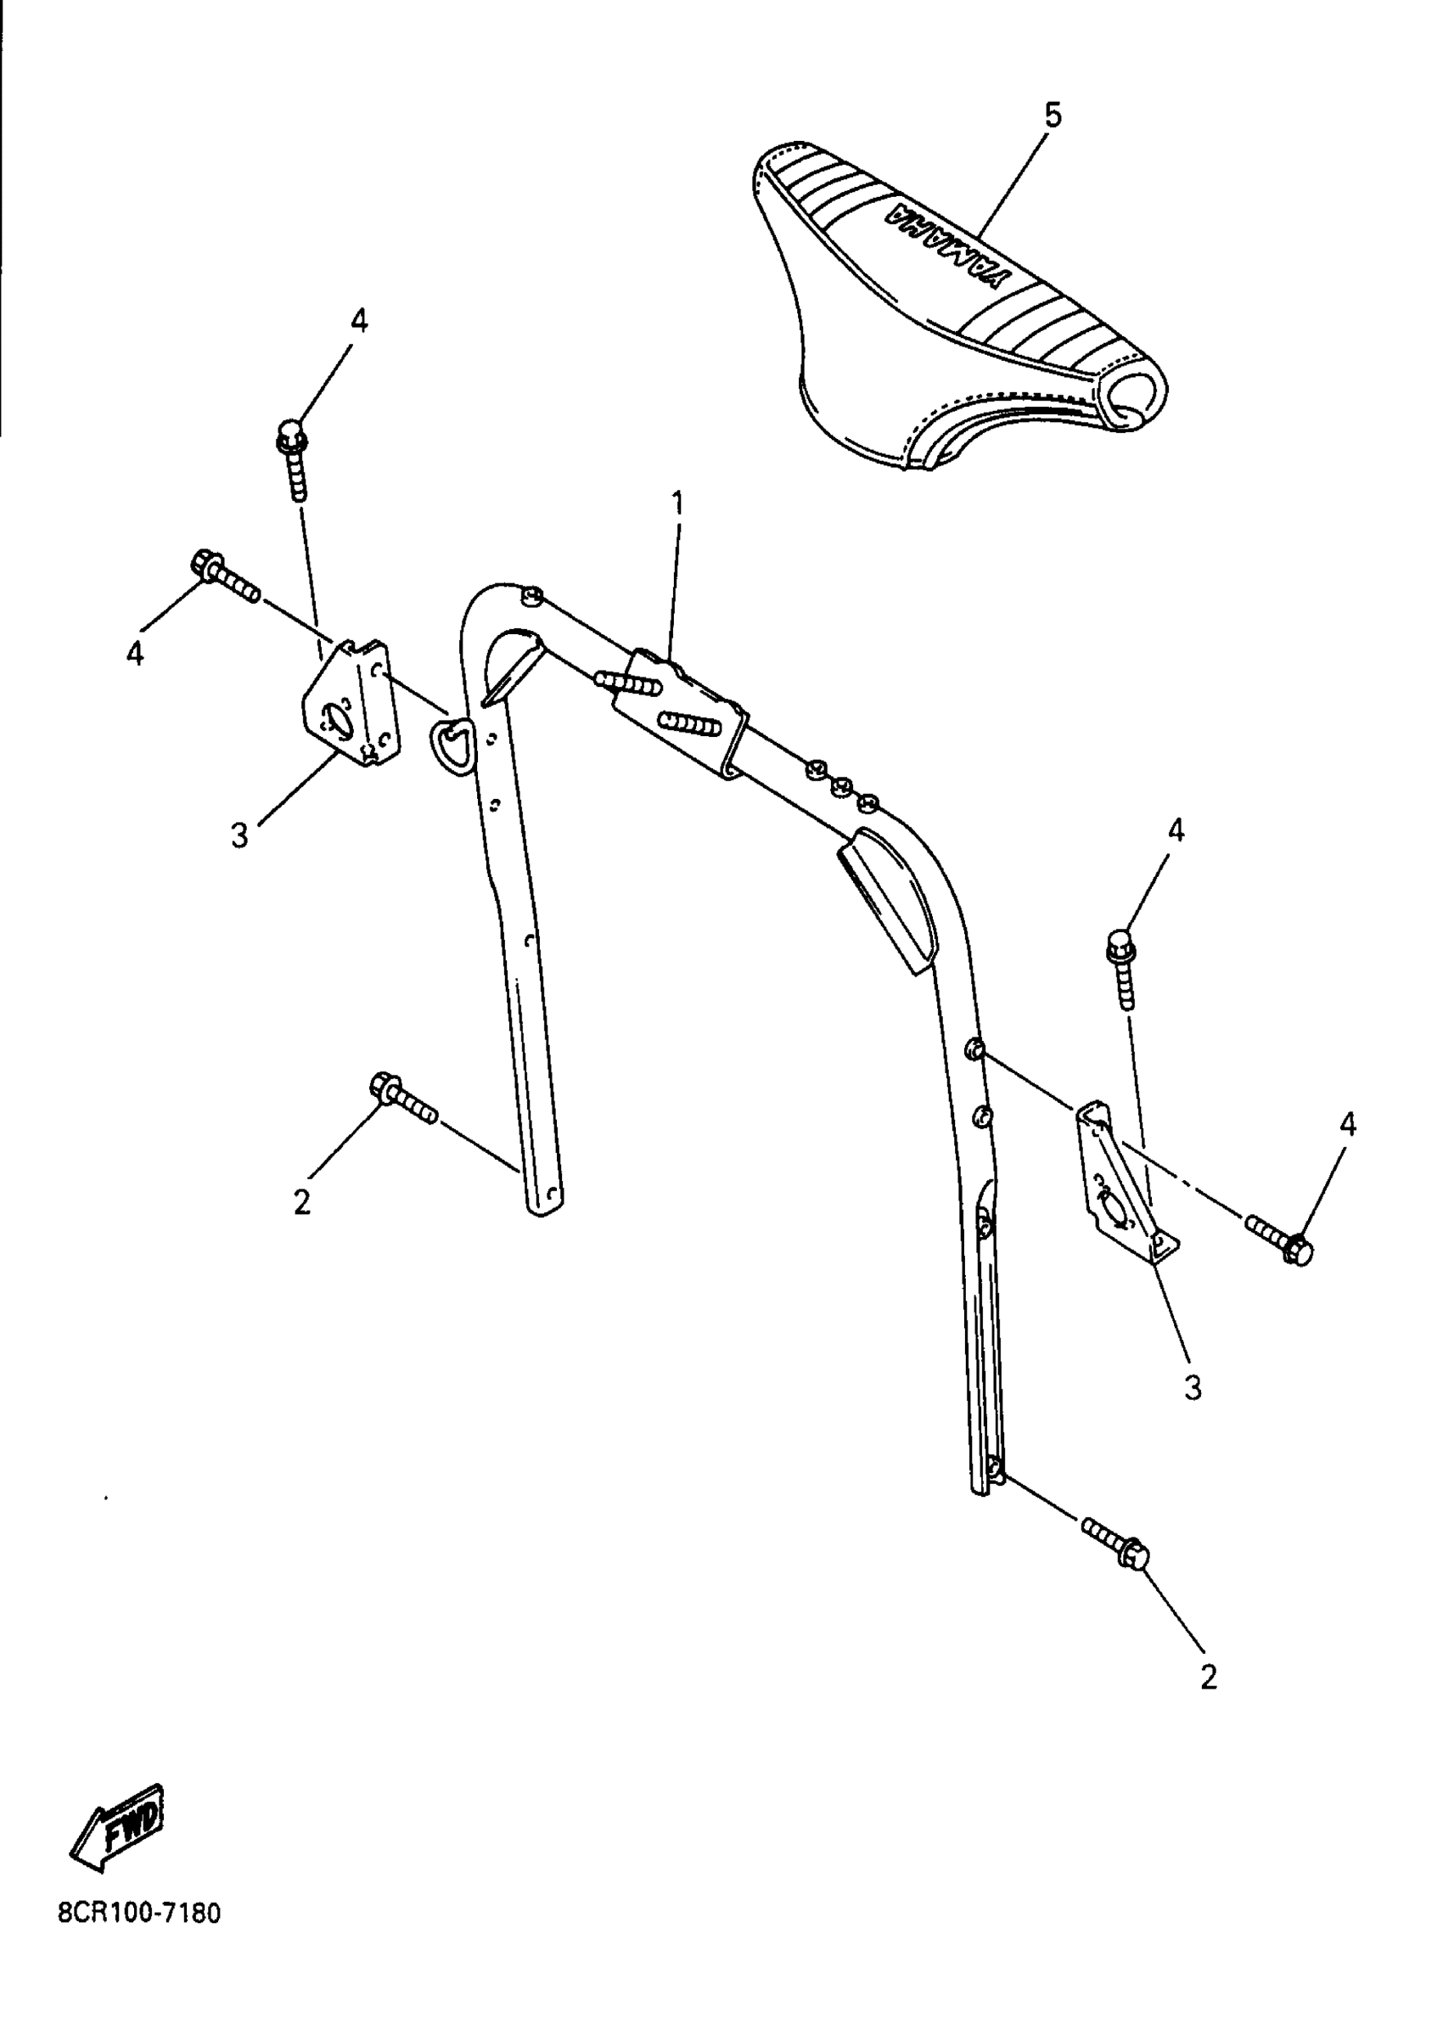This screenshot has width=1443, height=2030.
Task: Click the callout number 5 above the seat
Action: coord(1052,115)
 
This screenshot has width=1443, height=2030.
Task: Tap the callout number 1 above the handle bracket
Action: coord(678,504)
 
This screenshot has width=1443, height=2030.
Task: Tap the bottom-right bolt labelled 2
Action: coord(1116,1543)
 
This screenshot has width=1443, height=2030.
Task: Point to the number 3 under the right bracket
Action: coord(1193,1387)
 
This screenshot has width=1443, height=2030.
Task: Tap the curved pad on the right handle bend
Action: coord(889,893)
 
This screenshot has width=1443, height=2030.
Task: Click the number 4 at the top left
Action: coord(358,321)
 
